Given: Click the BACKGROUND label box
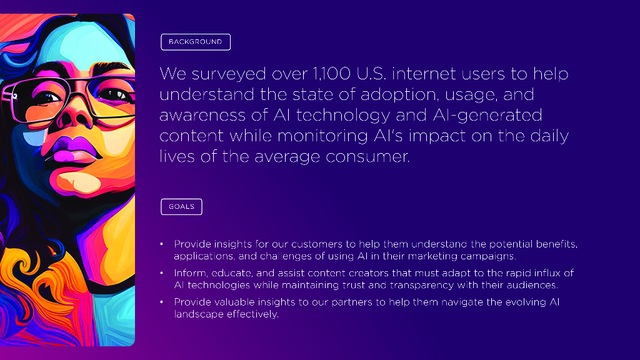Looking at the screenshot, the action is click(x=196, y=42).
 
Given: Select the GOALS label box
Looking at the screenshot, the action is click(x=181, y=206).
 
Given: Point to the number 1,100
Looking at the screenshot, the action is click(x=331, y=74).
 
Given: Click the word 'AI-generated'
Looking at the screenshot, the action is click(x=487, y=116).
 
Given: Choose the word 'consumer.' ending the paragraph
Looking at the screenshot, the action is click(x=367, y=157).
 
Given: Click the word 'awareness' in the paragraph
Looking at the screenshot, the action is click(x=202, y=116).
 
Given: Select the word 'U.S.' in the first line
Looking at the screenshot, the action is click(x=371, y=74).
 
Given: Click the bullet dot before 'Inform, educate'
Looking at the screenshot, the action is click(x=162, y=272).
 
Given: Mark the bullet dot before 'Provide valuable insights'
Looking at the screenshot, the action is click(x=162, y=302).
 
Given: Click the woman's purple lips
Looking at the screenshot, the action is click(x=75, y=150).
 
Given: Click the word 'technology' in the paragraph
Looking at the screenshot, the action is click(x=343, y=116).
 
